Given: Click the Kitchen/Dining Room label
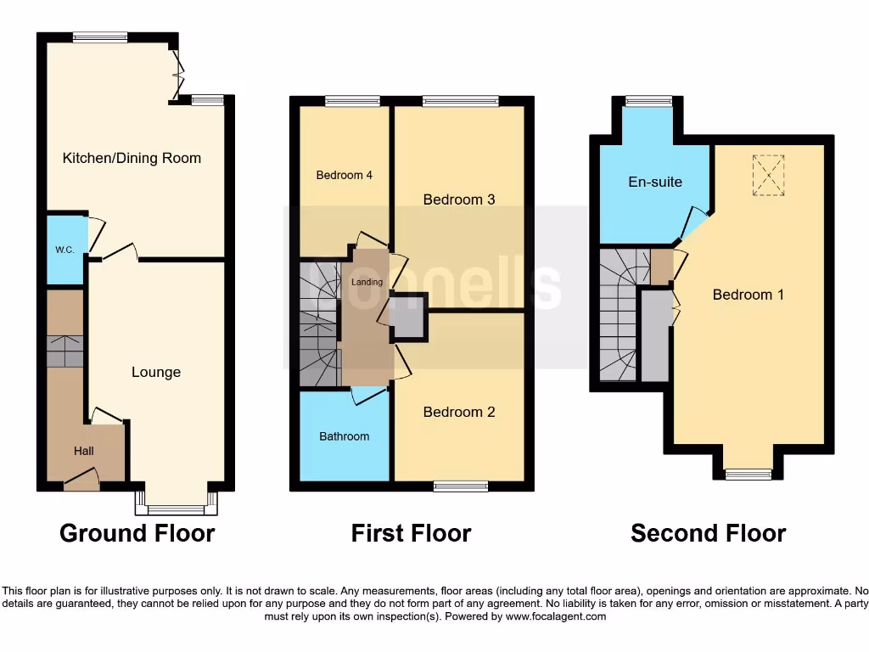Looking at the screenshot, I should tap(132, 158).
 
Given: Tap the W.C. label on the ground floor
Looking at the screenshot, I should tap(65, 250).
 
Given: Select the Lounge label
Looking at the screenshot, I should tap(156, 372).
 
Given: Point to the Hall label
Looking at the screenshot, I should tap(83, 451).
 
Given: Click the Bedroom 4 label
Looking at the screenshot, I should tap(345, 175).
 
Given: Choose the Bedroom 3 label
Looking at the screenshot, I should tap(459, 200).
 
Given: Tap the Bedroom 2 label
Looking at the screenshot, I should tap(459, 412).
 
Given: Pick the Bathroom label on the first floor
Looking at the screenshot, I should tap(345, 436).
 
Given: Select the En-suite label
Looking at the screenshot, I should tap(655, 182).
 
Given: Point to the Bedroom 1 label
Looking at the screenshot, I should tap(748, 295).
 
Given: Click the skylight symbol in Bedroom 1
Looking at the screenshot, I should tap(769, 175).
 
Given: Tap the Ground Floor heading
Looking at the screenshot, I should tap(137, 533).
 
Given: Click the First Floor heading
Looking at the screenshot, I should tap(412, 533).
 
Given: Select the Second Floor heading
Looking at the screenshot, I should tap(709, 533).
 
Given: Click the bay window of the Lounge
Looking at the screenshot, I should tap(177, 506).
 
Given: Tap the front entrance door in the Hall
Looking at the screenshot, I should tap(81, 482).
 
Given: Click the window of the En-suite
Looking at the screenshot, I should tap(649, 101).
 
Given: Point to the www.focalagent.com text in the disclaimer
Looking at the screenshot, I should tap(555, 616).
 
